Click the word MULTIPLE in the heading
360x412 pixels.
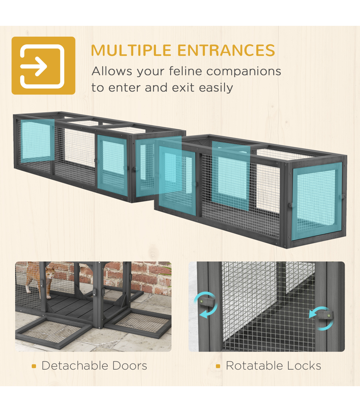131,50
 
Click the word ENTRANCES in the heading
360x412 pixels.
226,50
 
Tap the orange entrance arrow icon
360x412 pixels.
43,65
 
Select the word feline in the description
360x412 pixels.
185,71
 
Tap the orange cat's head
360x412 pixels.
50,272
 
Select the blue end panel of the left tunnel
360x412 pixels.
37,141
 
